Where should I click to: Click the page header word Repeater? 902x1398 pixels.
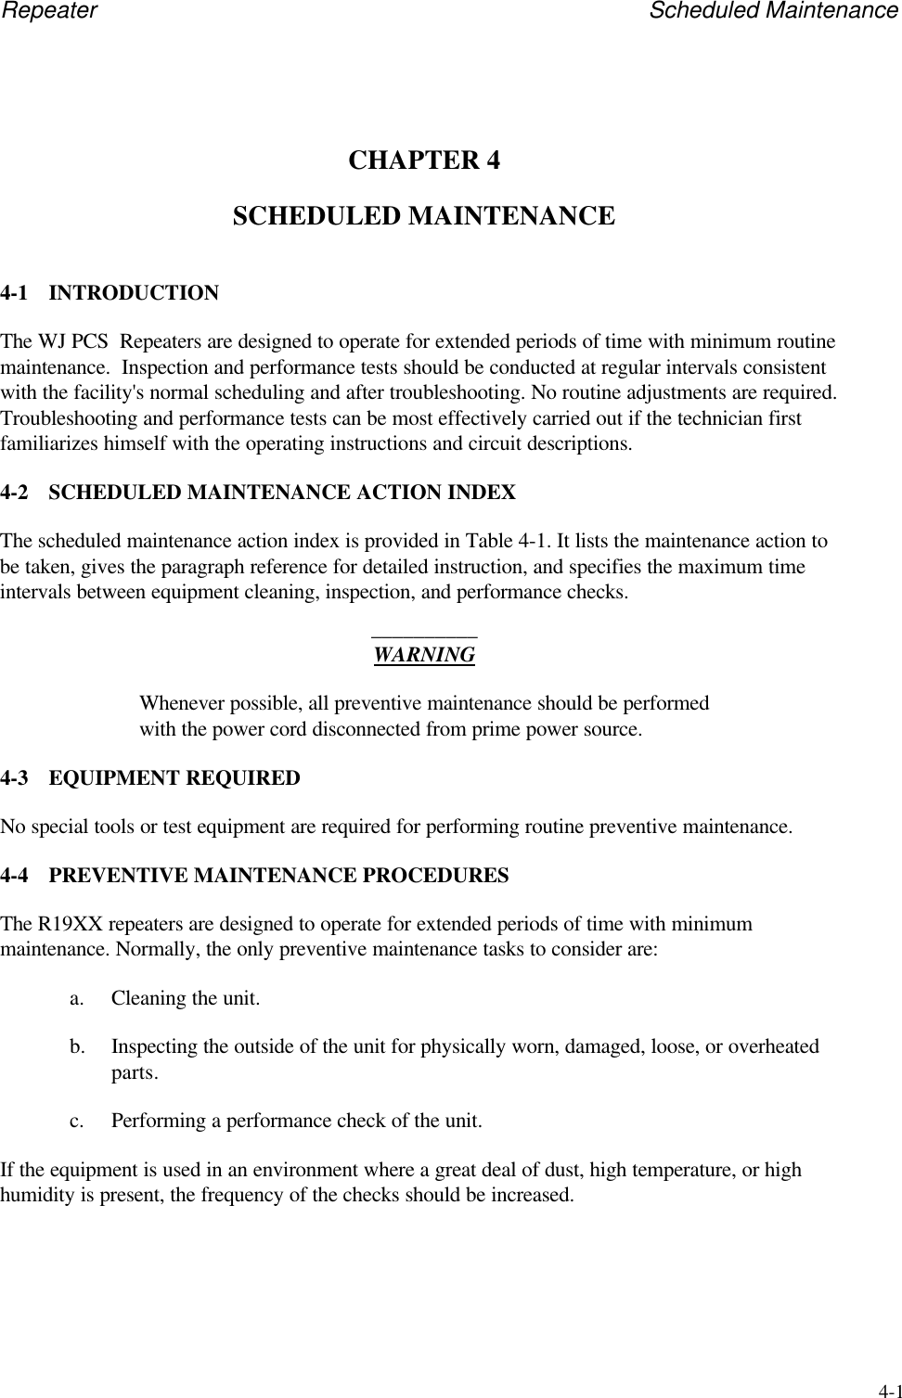point(48,11)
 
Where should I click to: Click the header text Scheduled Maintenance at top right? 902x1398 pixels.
point(774,11)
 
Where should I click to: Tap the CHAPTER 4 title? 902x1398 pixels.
point(424,160)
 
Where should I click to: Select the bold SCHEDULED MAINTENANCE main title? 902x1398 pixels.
point(423,216)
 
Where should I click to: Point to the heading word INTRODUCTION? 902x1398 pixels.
point(134,294)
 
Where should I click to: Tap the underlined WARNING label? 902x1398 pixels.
point(424,655)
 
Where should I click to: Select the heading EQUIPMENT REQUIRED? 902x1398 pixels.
point(174,778)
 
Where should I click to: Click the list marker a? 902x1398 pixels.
point(76,999)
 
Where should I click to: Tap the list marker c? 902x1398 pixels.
point(76,1121)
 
